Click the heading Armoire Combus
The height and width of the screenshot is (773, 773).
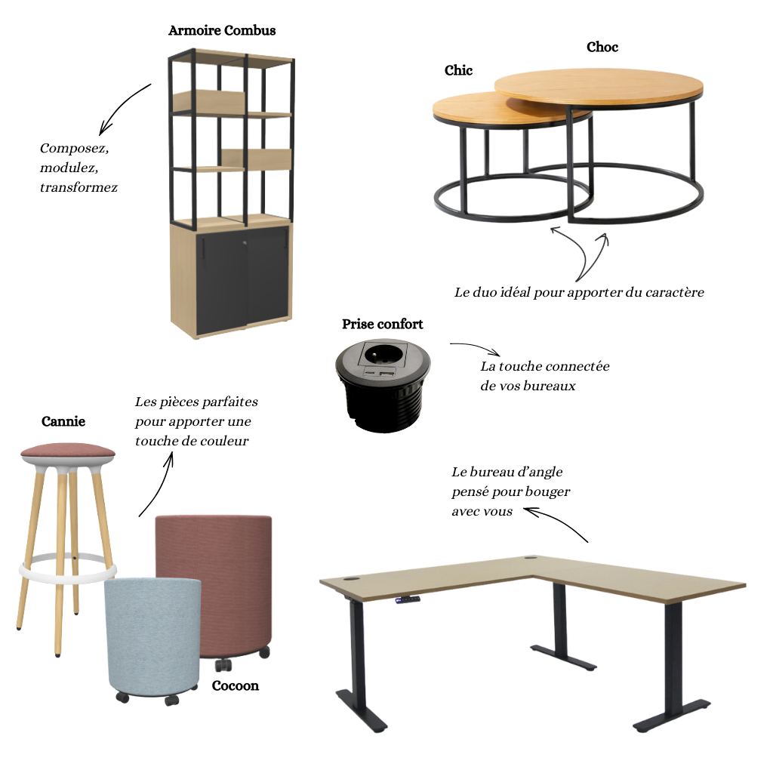pos(222,30)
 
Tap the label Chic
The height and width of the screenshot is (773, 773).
pos(458,70)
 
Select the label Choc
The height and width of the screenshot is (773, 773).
pos(602,47)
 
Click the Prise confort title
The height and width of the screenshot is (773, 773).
pos(383,324)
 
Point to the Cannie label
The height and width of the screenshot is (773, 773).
pos(63,421)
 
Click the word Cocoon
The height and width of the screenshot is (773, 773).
pos(236,685)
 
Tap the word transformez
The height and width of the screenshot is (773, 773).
pos(79,188)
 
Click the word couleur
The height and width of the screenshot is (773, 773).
pos(225,441)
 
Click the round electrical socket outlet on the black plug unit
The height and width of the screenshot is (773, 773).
pos(384,354)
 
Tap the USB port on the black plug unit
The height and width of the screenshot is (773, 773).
pos(387,376)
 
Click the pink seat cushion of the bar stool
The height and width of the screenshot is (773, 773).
pos(68,450)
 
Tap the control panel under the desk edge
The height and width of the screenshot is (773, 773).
pos(407,599)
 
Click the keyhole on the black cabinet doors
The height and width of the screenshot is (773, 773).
pos(245,242)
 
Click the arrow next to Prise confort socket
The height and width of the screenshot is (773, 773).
pos(476,346)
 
